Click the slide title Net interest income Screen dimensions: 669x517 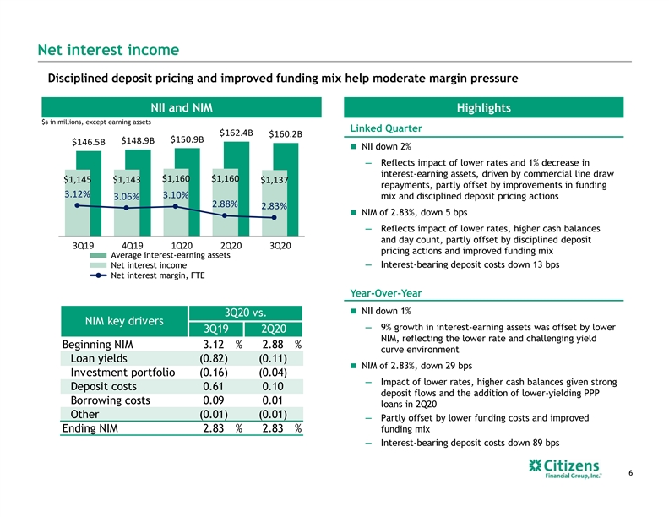click(108, 50)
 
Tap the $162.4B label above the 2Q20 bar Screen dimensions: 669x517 click(237, 133)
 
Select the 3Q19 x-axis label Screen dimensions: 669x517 click(83, 246)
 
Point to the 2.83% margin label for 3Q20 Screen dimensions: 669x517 click(274, 206)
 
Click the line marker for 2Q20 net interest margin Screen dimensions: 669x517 click(225, 216)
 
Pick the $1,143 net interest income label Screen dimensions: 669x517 click(127, 180)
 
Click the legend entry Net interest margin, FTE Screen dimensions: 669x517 click(147, 275)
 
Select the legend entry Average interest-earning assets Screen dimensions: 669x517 click(160, 255)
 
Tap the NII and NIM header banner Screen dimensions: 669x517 click(182, 107)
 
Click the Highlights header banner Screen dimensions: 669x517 click(484, 107)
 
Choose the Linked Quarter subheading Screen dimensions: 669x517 click(386, 128)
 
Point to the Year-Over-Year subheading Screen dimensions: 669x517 click(386, 293)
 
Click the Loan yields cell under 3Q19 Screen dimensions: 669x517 click(214, 358)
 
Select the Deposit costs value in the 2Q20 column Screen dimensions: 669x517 click(273, 386)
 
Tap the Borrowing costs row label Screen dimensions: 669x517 click(110, 400)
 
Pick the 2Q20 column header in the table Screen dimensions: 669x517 click(274, 329)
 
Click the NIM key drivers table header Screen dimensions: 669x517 click(124, 321)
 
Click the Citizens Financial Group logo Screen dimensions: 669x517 click(564, 469)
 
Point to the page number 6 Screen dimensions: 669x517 click(631, 472)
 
